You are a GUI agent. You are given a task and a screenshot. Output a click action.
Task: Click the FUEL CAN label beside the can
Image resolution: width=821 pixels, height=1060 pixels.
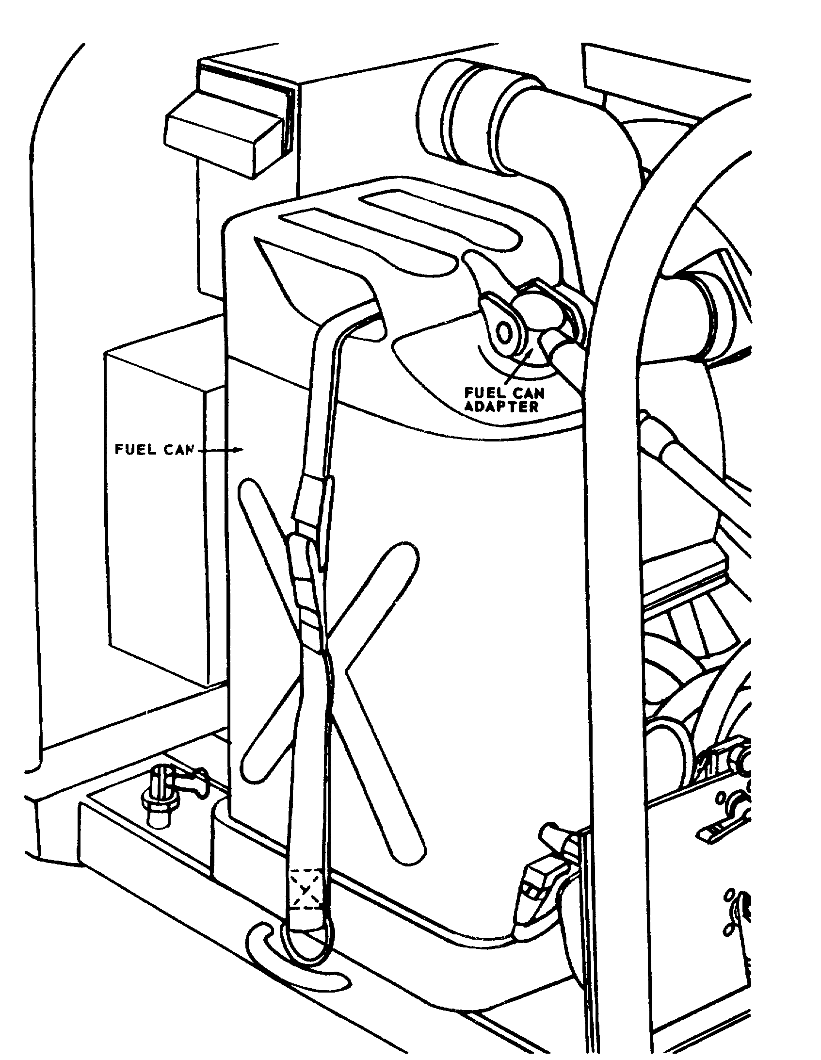pos(153,449)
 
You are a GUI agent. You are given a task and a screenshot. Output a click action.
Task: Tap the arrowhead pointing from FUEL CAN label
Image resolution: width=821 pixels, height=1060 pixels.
pos(239,450)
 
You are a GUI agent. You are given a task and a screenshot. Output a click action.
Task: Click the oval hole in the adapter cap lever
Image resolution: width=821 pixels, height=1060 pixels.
pos(506,333)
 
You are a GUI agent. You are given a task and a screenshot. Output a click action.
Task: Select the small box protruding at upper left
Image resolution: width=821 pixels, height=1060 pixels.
pos(225,126)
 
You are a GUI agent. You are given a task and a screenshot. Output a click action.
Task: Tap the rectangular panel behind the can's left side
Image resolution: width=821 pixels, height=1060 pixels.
pos(155,509)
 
